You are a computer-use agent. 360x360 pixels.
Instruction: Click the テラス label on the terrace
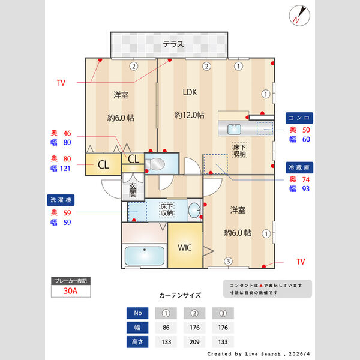pos(173,44)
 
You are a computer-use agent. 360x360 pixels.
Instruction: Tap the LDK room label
pos(190,92)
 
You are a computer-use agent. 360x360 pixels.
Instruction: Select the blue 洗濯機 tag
pos(62,200)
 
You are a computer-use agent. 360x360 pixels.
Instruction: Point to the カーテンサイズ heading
pos(180,296)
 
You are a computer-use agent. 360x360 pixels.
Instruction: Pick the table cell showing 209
pos(194,342)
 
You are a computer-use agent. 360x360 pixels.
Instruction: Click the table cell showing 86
pos(166,328)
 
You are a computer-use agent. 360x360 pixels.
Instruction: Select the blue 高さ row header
pos(137,342)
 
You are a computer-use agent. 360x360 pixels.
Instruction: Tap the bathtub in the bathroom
pos(144,256)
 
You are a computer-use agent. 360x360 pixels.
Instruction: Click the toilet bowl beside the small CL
pos(155,163)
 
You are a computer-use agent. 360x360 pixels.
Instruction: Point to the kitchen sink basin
pos(233,128)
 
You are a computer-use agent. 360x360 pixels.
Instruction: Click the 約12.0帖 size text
pos(190,115)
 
